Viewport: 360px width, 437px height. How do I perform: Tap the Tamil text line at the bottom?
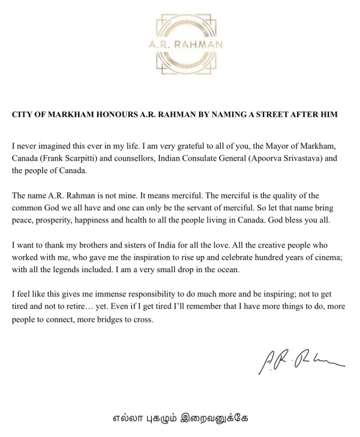[179, 418]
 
